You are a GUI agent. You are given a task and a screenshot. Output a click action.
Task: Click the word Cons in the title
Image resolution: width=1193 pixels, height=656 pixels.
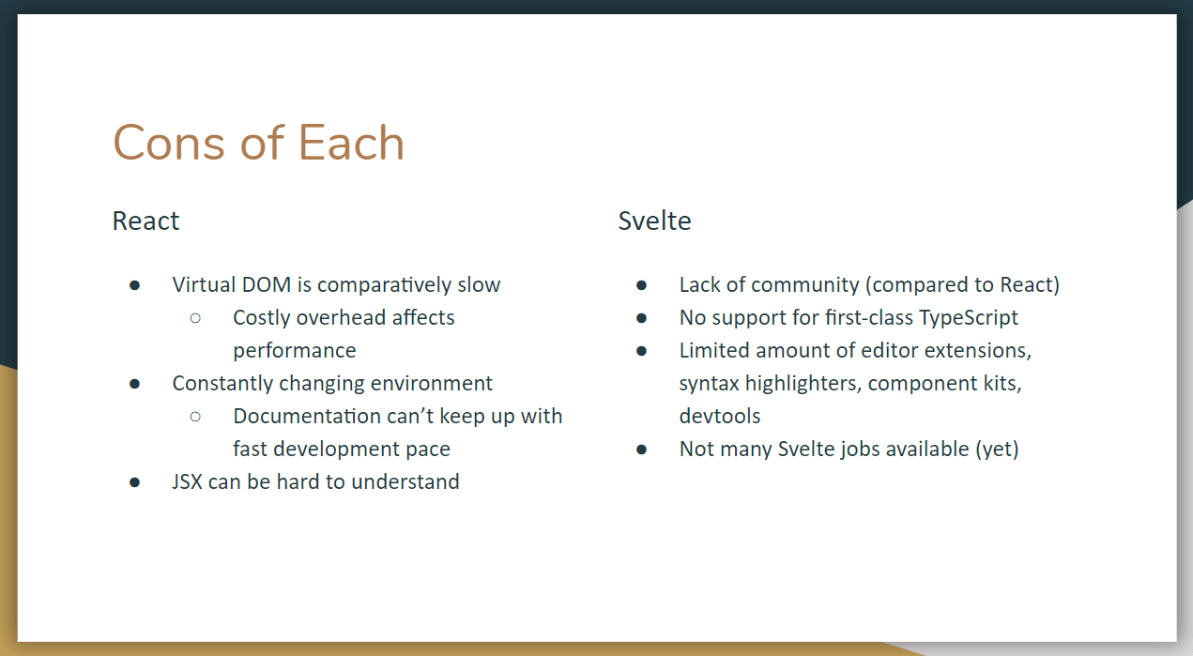(x=168, y=144)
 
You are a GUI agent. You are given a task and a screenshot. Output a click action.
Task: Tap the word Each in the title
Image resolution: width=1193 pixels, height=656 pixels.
(x=351, y=144)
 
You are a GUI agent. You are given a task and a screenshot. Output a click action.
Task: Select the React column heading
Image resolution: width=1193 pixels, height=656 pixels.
(x=145, y=221)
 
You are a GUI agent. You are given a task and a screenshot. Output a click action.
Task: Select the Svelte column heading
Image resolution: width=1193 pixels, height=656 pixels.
(x=654, y=221)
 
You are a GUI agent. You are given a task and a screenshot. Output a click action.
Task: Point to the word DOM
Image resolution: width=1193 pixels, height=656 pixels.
(x=264, y=284)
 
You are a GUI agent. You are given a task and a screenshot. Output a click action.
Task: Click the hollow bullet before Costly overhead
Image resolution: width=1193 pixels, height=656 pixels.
(x=195, y=317)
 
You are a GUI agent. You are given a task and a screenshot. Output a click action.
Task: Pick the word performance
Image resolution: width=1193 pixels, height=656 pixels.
(x=295, y=351)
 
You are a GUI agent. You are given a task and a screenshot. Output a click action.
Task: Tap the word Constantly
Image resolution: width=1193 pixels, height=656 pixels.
(x=222, y=383)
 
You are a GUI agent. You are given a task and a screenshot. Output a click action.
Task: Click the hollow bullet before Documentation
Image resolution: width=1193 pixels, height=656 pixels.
(x=195, y=416)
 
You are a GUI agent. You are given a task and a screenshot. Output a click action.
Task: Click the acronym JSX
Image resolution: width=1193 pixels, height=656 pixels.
(x=188, y=482)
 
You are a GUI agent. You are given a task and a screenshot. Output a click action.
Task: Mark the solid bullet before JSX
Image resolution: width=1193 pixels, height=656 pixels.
(x=135, y=482)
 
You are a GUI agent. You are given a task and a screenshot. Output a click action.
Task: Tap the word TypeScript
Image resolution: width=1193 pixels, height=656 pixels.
(x=968, y=318)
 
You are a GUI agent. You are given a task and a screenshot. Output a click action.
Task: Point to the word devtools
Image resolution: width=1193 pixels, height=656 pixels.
(x=720, y=416)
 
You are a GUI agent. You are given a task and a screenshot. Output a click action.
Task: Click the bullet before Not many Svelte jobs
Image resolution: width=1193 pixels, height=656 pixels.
(x=641, y=450)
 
